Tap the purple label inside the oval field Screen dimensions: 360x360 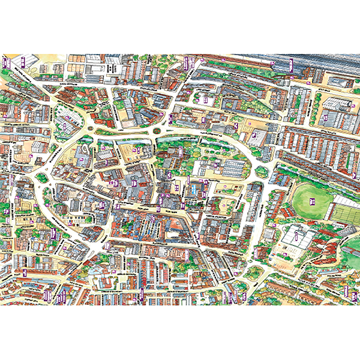[x=312, y=201]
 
